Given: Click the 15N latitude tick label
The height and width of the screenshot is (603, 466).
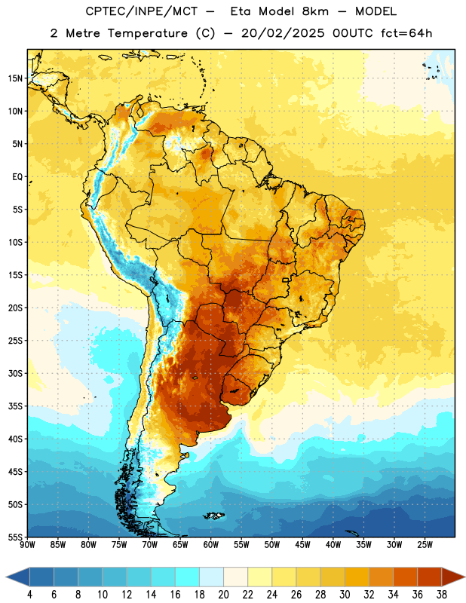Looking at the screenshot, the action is pyautogui.click(x=15, y=78).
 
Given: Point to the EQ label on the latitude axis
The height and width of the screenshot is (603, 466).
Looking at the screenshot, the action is pyautogui.click(x=17, y=177).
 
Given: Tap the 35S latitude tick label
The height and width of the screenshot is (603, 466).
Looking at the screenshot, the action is pyautogui.click(x=15, y=406).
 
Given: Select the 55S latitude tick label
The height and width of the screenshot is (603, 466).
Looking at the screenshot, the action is pyautogui.click(x=15, y=537).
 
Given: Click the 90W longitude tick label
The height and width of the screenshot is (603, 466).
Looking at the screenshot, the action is pyautogui.click(x=27, y=545).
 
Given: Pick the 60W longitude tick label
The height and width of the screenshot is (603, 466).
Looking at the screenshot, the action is pyautogui.click(x=211, y=545).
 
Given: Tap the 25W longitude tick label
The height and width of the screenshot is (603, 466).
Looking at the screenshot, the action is pyautogui.click(x=425, y=545).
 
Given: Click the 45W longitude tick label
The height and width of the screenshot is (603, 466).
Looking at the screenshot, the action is pyautogui.click(x=302, y=545).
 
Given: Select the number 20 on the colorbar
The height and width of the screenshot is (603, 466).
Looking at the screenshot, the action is pyautogui.click(x=223, y=595).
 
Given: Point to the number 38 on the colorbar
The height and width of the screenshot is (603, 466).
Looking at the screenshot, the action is pyautogui.click(x=442, y=595).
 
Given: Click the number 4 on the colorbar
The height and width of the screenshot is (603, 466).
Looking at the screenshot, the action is pyautogui.click(x=29, y=595).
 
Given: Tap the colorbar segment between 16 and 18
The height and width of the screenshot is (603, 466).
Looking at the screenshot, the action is pyautogui.click(x=187, y=577).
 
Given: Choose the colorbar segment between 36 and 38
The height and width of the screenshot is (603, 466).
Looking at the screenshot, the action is pyautogui.click(x=430, y=577).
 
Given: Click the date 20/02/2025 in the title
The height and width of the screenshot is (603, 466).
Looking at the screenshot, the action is pyautogui.click(x=283, y=33).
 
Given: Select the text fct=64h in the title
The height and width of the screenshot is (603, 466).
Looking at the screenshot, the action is pyautogui.click(x=406, y=33).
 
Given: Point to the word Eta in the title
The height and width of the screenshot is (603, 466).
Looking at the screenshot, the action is pyautogui.click(x=241, y=11).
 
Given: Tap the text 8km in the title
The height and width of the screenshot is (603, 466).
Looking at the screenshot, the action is pyautogui.click(x=315, y=11).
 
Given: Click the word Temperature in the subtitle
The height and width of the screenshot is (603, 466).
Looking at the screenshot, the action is pyautogui.click(x=147, y=33).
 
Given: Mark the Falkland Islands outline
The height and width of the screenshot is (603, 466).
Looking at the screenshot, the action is pyautogui.click(x=213, y=516).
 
